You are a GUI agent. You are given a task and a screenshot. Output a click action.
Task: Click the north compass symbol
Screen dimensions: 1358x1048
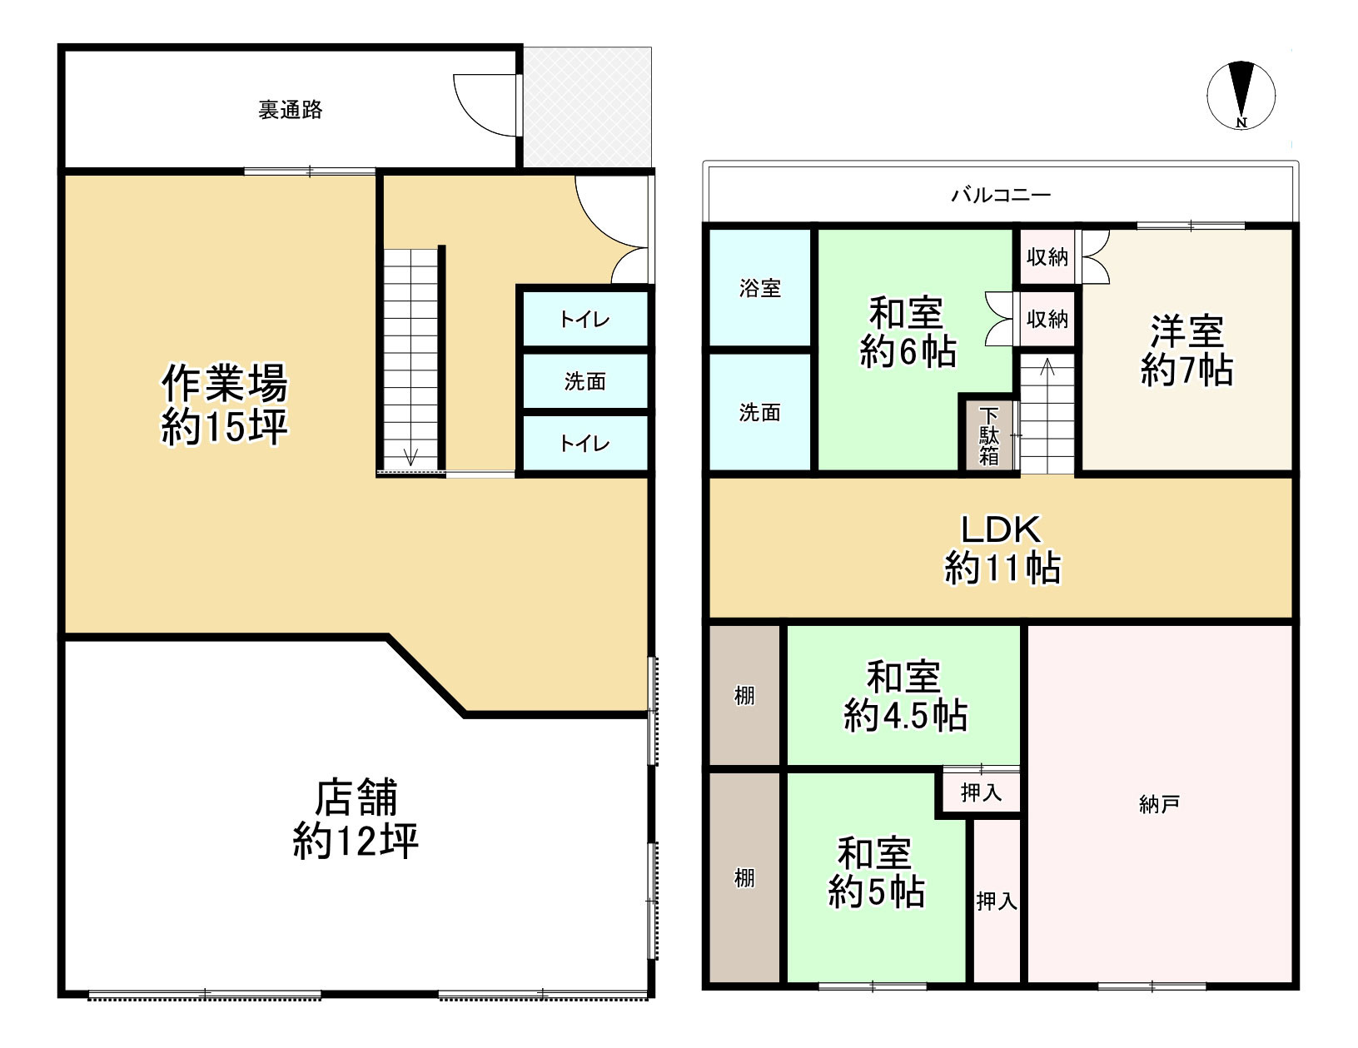coord(1241,96)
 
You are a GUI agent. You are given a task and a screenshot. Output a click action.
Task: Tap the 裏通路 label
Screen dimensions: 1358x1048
coord(291,110)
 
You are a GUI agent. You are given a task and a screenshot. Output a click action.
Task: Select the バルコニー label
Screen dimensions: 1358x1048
coord(1001,196)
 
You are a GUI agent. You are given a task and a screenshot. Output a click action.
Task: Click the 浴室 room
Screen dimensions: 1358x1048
coord(760,288)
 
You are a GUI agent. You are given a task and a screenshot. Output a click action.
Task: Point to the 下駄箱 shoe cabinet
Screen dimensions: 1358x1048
coord(988,436)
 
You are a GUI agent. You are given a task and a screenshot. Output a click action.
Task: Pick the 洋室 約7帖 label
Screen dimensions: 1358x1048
coord(1186,350)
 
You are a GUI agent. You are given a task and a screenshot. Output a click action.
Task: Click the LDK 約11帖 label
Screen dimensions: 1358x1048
coord(1001,549)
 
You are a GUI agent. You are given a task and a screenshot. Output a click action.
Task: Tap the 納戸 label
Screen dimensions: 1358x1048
coord(1159,804)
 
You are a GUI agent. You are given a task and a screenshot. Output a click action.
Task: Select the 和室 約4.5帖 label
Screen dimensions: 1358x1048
coord(905,696)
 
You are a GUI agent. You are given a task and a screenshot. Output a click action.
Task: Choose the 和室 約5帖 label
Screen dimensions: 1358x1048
coord(876,872)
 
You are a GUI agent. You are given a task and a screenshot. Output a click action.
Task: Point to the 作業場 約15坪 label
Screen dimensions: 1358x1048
coord(224,405)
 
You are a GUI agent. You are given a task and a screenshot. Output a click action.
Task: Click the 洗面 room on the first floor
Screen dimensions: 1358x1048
coord(585,381)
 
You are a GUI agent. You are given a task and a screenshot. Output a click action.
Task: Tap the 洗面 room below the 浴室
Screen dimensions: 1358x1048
coord(760,412)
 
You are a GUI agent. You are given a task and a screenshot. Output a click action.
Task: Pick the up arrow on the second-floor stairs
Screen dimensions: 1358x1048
coord(1047,367)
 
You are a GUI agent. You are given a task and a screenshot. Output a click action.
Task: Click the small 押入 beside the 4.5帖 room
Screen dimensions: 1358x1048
coord(981,792)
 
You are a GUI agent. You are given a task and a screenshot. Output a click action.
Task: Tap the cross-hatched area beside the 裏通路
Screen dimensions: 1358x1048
coord(587,107)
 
